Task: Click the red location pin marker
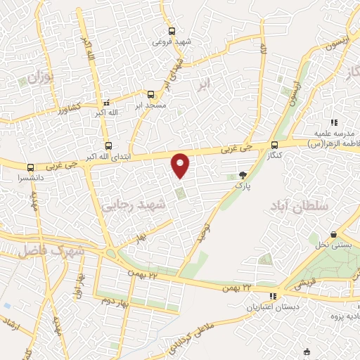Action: (181, 165)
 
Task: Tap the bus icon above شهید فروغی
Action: (172, 30)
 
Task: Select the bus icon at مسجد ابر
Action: (151, 94)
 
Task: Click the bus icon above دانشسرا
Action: (30, 168)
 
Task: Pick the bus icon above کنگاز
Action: (274, 145)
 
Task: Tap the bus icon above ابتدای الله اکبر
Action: (107, 146)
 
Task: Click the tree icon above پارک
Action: (243, 176)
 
